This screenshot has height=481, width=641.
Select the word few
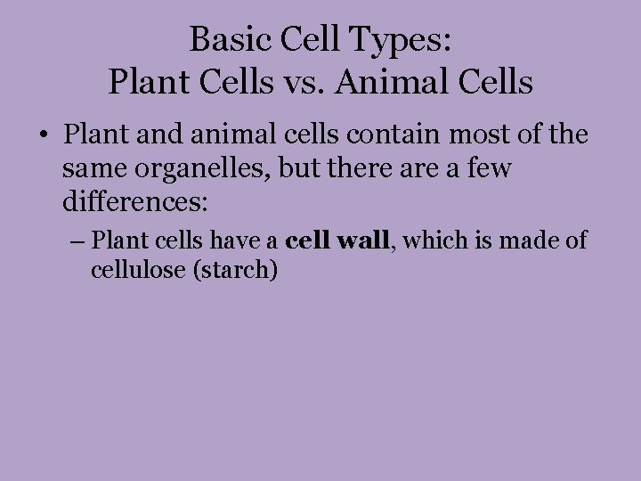(x=488, y=168)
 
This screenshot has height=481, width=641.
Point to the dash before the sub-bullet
(x=77, y=240)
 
